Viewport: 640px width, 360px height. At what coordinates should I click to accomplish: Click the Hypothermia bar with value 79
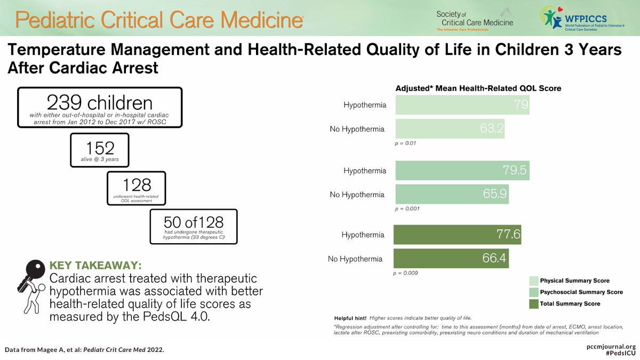click(461, 105)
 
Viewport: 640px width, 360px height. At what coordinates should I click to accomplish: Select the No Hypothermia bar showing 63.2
click(449, 129)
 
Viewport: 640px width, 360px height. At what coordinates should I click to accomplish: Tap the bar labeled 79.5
click(461, 171)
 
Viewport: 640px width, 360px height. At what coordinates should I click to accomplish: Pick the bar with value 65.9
click(451, 194)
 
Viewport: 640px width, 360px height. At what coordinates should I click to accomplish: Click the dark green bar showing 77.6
click(457, 235)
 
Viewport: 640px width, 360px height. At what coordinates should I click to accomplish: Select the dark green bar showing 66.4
click(451, 259)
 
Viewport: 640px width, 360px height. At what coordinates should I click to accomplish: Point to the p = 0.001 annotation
click(407, 209)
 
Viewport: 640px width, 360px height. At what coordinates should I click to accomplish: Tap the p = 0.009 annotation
click(405, 273)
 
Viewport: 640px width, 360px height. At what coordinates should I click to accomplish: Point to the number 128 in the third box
click(137, 186)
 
